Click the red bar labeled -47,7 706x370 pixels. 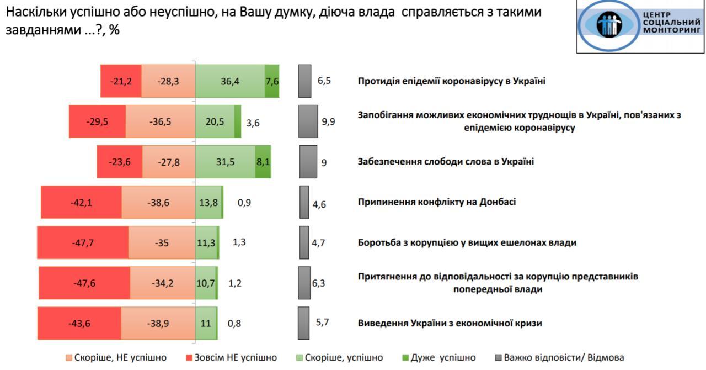tap(83, 242)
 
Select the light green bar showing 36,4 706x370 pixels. tap(230, 81)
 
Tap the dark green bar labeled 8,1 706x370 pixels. tap(263, 162)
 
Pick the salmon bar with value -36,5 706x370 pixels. tap(161, 121)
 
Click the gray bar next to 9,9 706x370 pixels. tap(308, 121)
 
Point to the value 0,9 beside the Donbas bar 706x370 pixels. tap(244, 202)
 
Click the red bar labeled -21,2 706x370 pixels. tap(121, 81)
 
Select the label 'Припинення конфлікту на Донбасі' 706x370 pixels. tap(437, 202)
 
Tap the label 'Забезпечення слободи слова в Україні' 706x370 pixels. tap(446, 162)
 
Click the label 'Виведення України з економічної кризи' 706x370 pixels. tap(450, 323)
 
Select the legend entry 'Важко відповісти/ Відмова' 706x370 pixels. tap(558, 358)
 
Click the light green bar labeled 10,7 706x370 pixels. tap(205, 283)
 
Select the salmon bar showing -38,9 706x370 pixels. tap(158, 323)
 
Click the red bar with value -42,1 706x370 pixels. tap(81, 202)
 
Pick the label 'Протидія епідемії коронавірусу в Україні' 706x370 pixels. tap(451, 81)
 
